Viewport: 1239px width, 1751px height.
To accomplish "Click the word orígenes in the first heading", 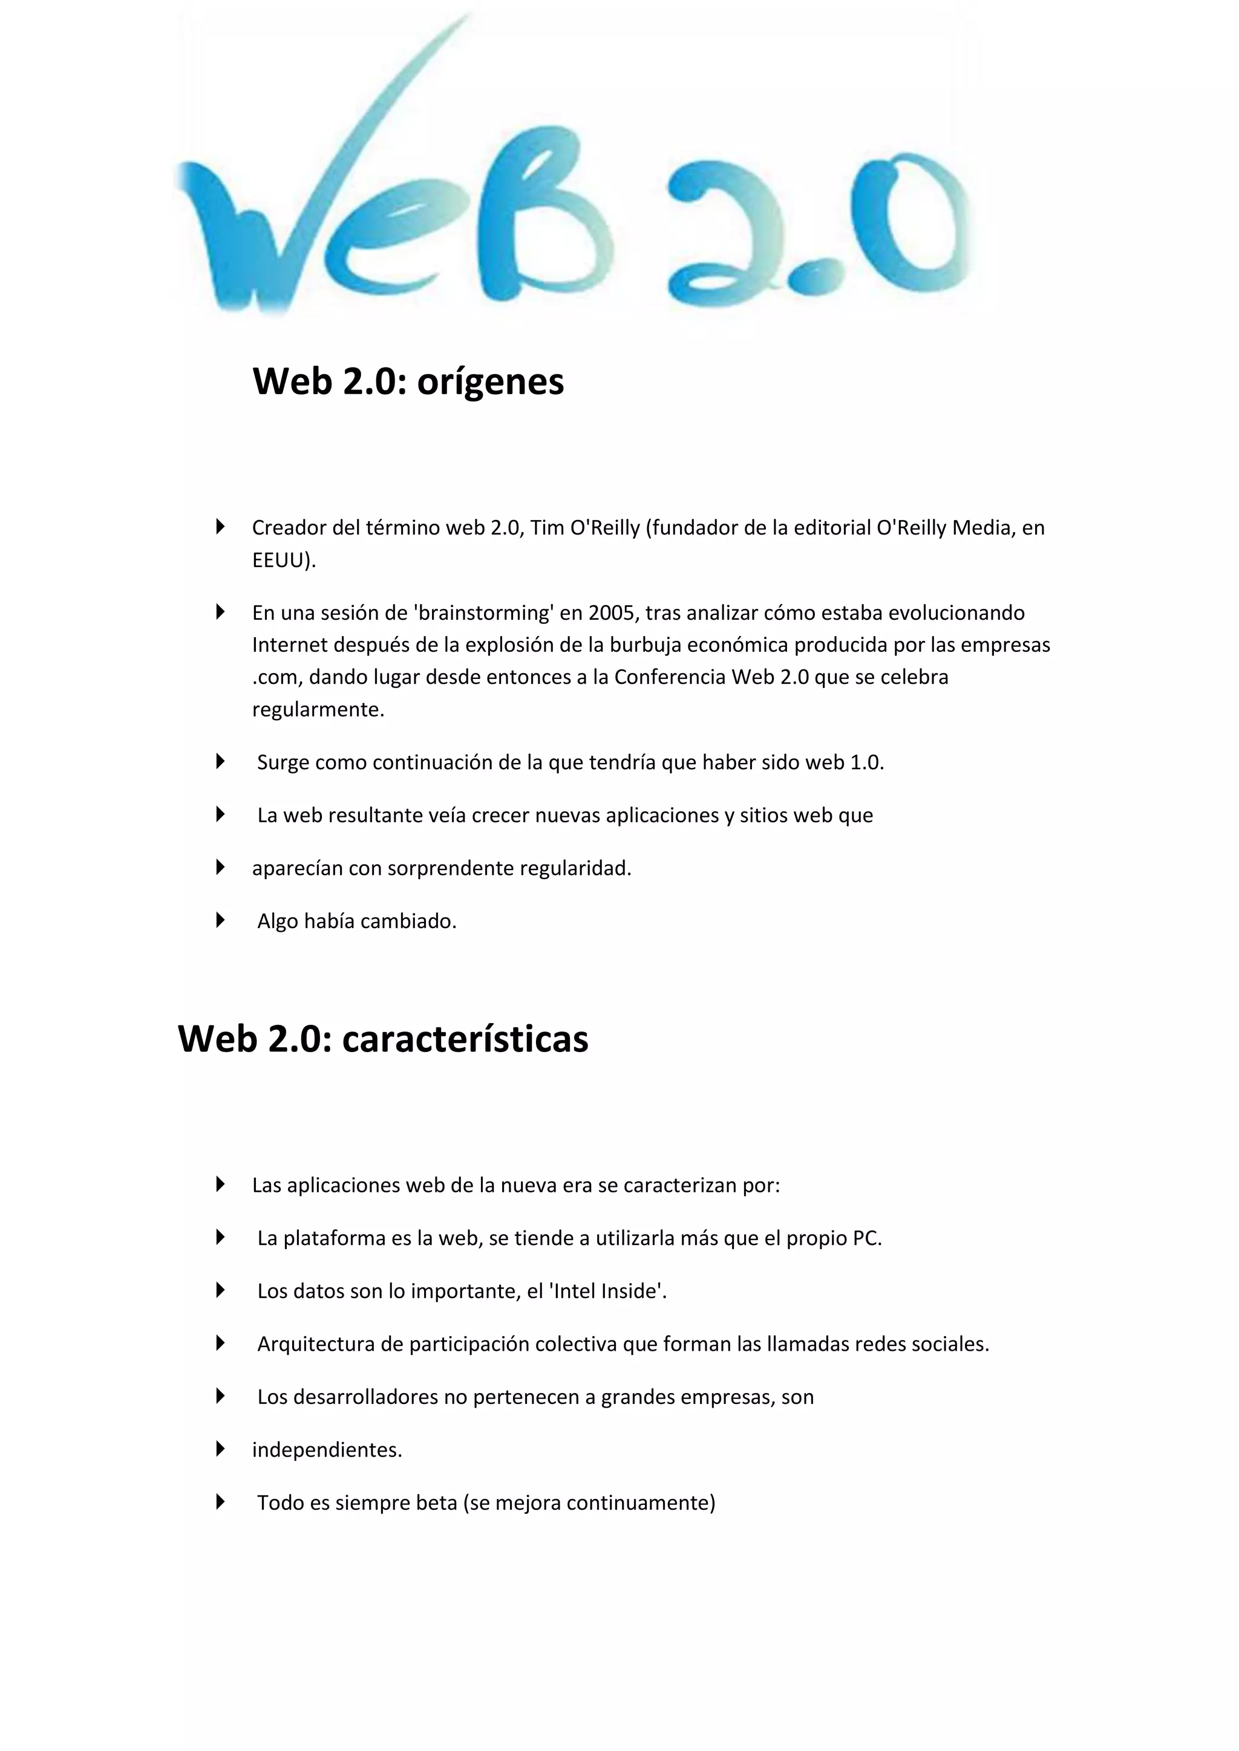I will [x=491, y=382].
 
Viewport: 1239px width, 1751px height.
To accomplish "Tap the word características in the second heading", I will [x=465, y=1039].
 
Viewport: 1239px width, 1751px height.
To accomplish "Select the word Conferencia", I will [x=669, y=677].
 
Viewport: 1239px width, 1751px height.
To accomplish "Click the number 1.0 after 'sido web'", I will [x=866, y=762].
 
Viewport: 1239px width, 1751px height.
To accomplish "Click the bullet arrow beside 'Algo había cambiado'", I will [x=220, y=920].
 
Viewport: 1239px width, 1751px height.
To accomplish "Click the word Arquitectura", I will [x=316, y=1343].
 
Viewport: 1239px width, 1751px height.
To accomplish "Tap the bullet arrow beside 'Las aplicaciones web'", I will [x=220, y=1184].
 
